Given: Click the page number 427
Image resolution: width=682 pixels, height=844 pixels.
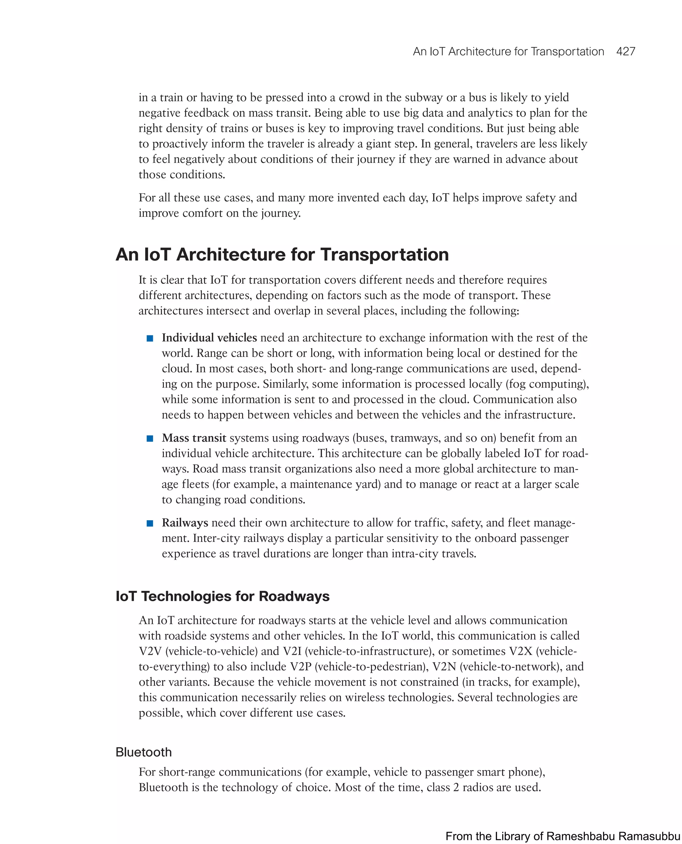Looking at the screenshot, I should click(x=625, y=52).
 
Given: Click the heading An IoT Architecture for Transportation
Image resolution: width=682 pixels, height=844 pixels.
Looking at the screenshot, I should click(x=282, y=254).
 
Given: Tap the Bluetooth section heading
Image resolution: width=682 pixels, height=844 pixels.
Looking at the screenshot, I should click(x=144, y=752).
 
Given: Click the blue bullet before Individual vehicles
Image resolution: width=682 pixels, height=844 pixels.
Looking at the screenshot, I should click(x=150, y=338).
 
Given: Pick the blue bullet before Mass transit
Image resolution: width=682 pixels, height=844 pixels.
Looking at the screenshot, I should click(x=150, y=439).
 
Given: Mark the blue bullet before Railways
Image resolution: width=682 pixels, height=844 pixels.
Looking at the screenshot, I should click(x=150, y=523).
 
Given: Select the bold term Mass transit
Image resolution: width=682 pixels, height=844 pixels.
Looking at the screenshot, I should click(x=194, y=438).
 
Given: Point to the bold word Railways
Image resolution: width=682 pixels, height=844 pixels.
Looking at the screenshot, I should click(x=184, y=523).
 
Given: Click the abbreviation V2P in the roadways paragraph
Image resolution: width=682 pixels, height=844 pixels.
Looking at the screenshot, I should click(x=300, y=666).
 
